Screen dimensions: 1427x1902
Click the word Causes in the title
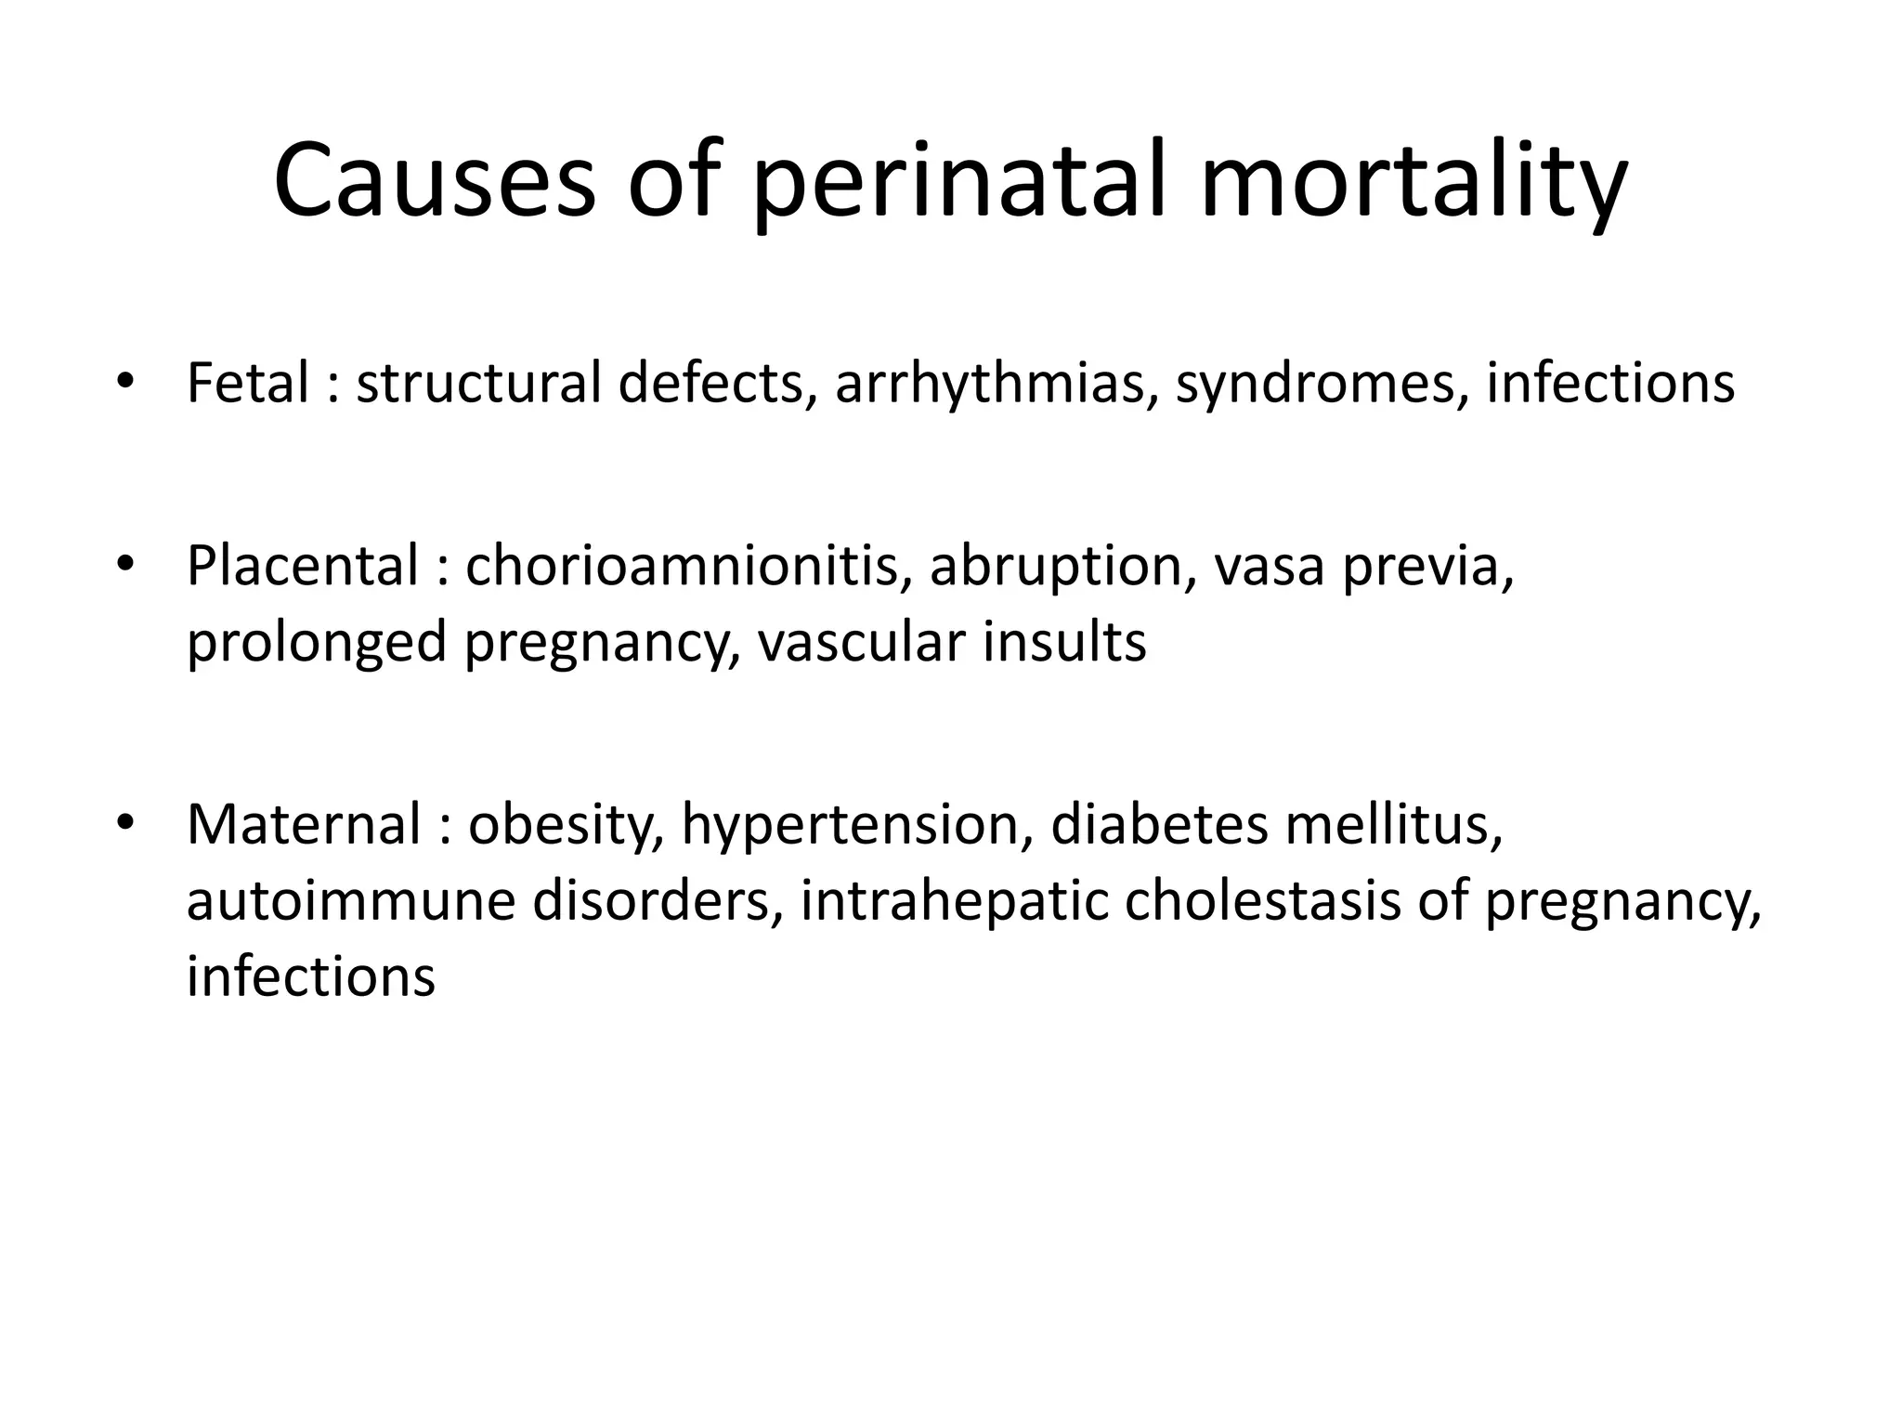tap(435, 182)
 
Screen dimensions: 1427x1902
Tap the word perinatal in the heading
tap(957, 182)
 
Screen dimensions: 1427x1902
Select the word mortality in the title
tap(1413, 182)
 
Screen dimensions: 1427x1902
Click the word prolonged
tap(317, 641)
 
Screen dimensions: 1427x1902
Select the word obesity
tap(566, 824)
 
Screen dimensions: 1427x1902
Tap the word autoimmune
tap(350, 899)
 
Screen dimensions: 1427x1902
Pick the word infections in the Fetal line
tap(1609, 383)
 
